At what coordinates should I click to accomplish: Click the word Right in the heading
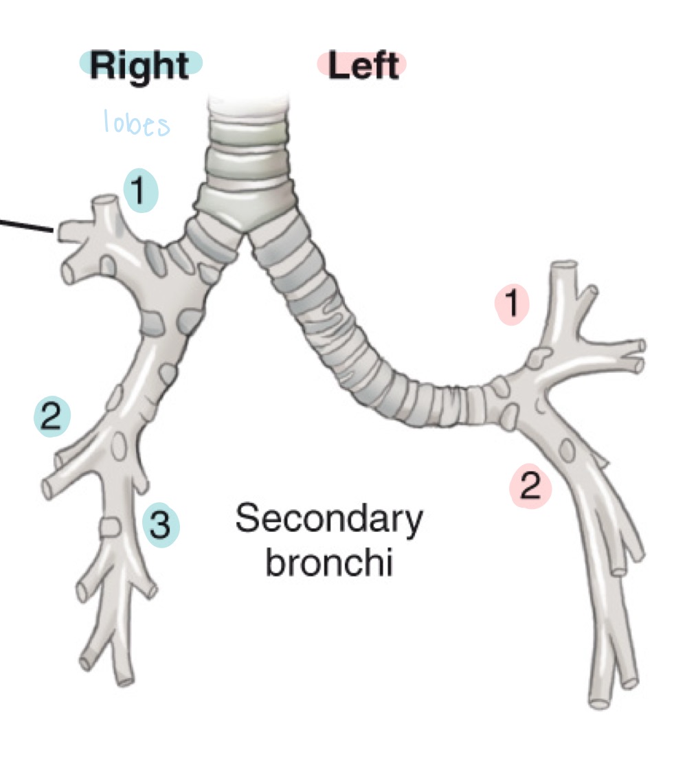coord(139,66)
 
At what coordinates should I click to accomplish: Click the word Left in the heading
coord(363,66)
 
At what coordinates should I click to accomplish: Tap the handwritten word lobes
coord(136,124)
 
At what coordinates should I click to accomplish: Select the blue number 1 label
coord(140,192)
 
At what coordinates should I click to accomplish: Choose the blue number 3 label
coord(159,526)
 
